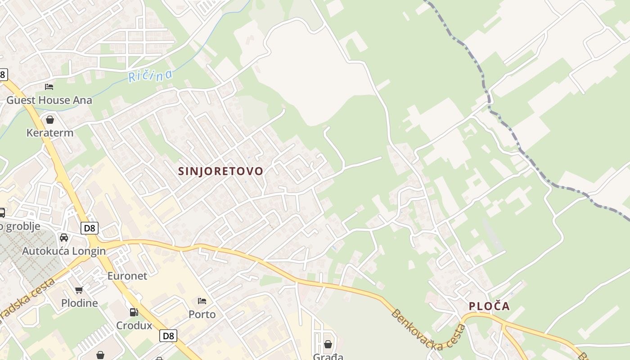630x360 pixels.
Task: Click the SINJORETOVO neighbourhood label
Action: coord(220,171)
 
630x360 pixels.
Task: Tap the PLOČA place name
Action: coord(489,306)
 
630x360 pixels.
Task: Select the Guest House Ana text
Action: coord(49,100)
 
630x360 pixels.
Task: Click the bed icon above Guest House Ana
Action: coord(49,86)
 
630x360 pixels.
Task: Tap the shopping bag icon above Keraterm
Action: coord(50,120)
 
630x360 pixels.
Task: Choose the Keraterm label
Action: coord(50,133)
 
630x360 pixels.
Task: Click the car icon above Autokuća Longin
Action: coord(64,238)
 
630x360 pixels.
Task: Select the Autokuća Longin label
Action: coord(64,251)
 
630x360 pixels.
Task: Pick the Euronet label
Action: coord(127,275)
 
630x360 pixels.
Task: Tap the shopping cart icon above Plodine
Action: coord(79,290)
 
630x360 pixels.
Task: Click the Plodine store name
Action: coord(79,303)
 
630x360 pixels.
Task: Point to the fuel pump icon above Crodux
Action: coord(134,312)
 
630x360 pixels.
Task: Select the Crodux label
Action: coord(134,325)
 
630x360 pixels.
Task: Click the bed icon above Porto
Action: coord(202,301)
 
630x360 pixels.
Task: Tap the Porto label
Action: coord(202,314)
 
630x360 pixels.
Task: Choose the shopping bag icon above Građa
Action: coord(328,345)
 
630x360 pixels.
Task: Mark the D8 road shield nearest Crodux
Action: coord(168,336)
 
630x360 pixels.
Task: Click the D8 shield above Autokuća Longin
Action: coord(90,228)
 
